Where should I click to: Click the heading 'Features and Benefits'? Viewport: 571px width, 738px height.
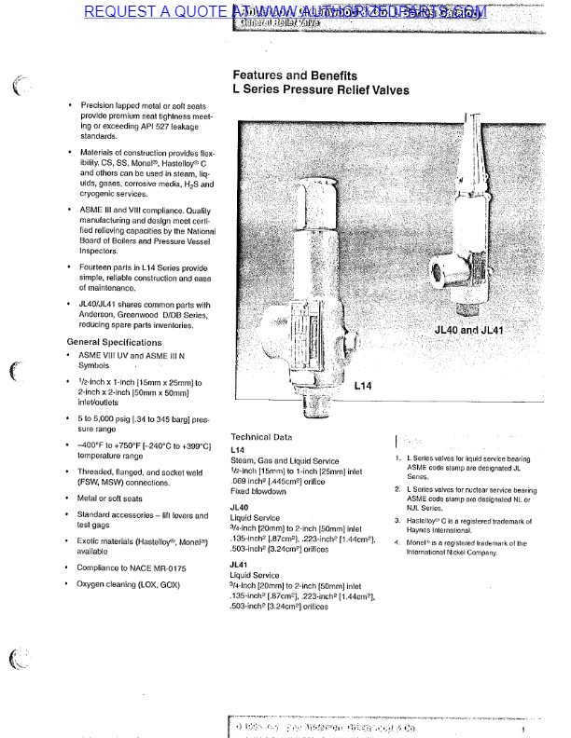[x=294, y=75]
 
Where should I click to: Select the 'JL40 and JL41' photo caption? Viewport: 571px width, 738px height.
[x=469, y=330]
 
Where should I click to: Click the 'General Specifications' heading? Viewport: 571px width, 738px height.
[x=114, y=343]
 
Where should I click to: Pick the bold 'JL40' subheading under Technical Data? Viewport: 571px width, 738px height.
[x=239, y=508]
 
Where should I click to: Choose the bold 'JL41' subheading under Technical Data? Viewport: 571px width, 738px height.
[x=239, y=565]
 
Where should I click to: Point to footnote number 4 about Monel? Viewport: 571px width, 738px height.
[x=397, y=542]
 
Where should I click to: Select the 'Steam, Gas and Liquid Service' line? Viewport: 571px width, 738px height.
[x=285, y=460]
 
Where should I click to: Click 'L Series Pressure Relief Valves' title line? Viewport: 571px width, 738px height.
[x=320, y=91]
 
